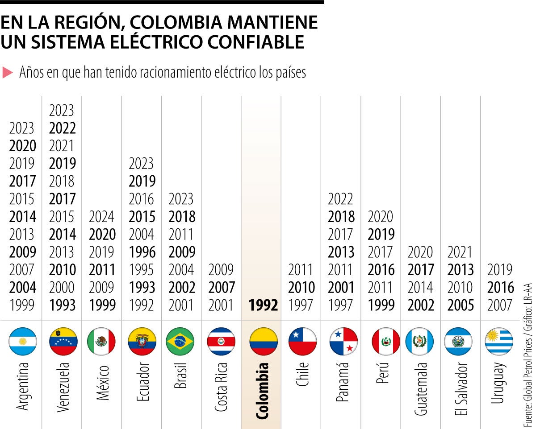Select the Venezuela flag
63,341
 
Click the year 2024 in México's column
102,217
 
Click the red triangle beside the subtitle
8,72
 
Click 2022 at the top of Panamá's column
341,199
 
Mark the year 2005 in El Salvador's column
461,305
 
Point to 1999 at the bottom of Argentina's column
22,305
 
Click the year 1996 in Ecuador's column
142,252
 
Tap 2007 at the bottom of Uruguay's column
500,305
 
